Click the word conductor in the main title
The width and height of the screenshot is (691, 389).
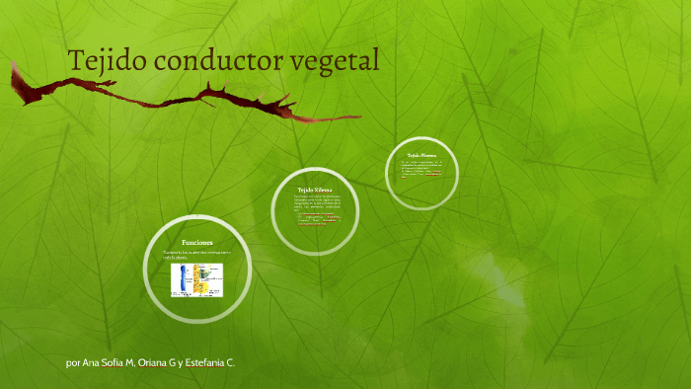click(x=216, y=61)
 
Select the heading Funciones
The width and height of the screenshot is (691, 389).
click(x=197, y=242)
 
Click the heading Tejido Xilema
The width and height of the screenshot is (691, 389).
click(x=316, y=189)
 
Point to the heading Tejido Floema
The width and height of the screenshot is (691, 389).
click(x=422, y=155)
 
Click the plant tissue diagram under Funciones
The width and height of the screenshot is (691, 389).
click(x=197, y=280)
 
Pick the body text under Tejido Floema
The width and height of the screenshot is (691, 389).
click(x=422, y=170)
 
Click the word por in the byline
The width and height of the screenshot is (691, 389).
click(x=73, y=363)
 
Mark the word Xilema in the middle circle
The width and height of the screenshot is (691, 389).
click(x=324, y=189)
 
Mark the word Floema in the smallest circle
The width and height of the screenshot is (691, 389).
click(x=428, y=155)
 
